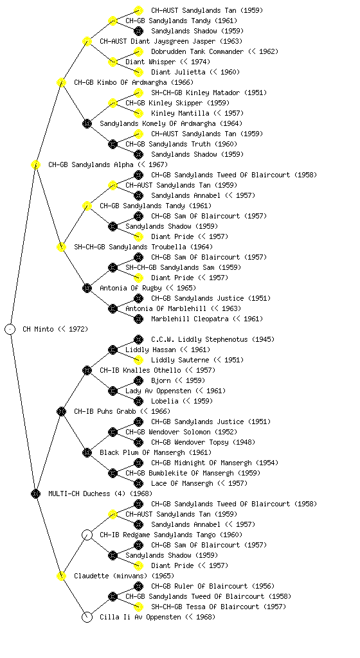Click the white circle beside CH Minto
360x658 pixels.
(10, 329)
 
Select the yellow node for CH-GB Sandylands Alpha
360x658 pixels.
(35, 164)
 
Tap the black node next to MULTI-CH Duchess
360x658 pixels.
(35, 493)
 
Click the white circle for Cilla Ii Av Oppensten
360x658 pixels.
(87, 617)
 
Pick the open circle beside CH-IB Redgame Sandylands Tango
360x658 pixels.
(87, 535)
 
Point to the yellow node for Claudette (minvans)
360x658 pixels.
(61, 576)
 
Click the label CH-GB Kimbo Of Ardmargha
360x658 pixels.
(134, 82)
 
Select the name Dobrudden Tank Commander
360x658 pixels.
(197, 51)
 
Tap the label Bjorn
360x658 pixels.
(161, 380)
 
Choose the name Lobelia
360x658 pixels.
(165, 401)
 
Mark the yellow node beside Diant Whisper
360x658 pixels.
(113, 62)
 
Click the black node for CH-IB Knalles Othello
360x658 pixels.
(87, 370)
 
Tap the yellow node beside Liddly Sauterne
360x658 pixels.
(138, 360)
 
